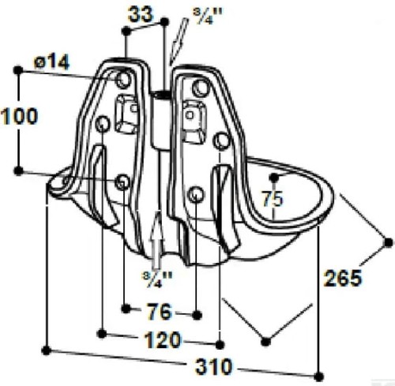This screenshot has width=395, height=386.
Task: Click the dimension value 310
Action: click(213, 367)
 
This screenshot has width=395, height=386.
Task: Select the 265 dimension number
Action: click(342, 278)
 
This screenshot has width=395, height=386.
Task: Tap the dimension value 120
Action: click(164, 340)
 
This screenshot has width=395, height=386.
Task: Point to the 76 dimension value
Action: click(160, 312)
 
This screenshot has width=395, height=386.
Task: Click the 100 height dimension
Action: click(19, 116)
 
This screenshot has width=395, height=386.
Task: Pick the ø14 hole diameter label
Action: click(51, 62)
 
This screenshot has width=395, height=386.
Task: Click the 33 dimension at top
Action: click(141, 14)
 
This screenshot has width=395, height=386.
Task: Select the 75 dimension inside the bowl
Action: click(273, 199)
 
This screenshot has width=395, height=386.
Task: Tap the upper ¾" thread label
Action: click(208, 16)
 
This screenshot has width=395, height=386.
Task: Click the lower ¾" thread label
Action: click(157, 279)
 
